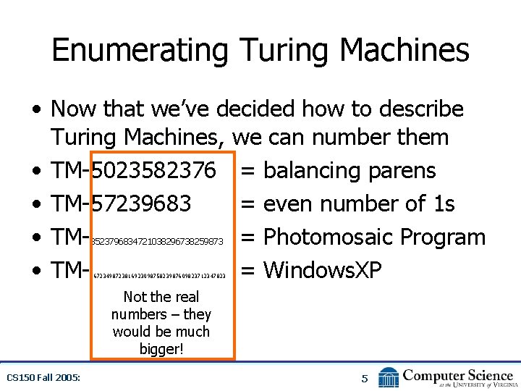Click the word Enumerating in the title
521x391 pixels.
pyautogui.click(x=140, y=51)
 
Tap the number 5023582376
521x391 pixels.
pyautogui.click(x=153, y=171)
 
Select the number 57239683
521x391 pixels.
pyautogui.click(x=142, y=204)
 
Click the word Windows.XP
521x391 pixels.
pyautogui.click(x=322, y=271)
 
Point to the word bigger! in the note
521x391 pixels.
pyautogui.click(x=161, y=350)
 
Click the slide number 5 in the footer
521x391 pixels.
pyautogui.click(x=365, y=378)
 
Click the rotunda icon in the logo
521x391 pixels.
pyautogui.click(x=389, y=377)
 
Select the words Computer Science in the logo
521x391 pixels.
pyautogui.click(x=458, y=374)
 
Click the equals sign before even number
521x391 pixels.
pyautogui.click(x=247, y=205)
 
